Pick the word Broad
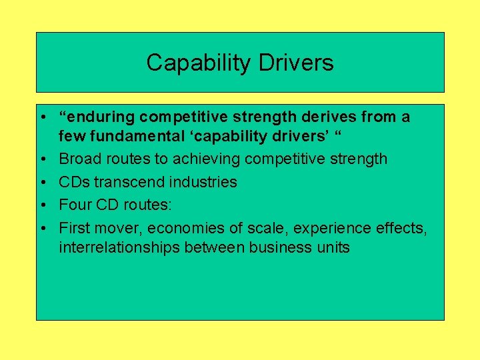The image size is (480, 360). click(79, 159)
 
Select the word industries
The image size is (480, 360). click(204, 182)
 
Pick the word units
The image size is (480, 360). click(333, 248)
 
